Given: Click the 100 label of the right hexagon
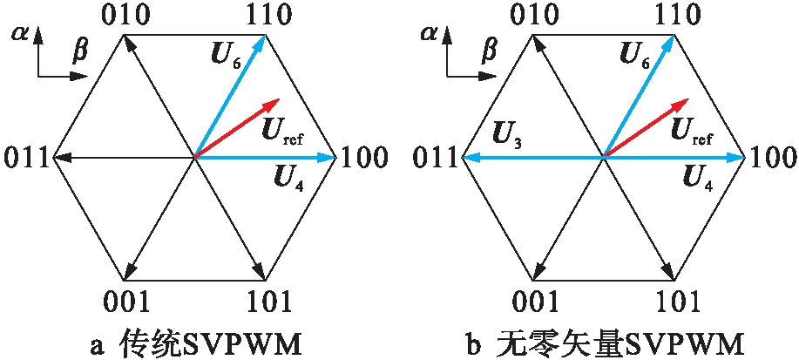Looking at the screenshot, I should point(773,159).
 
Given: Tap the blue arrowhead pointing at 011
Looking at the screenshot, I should point(468,158).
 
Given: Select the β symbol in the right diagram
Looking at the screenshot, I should point(489,55).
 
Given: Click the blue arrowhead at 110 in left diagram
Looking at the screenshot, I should point(261,40).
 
